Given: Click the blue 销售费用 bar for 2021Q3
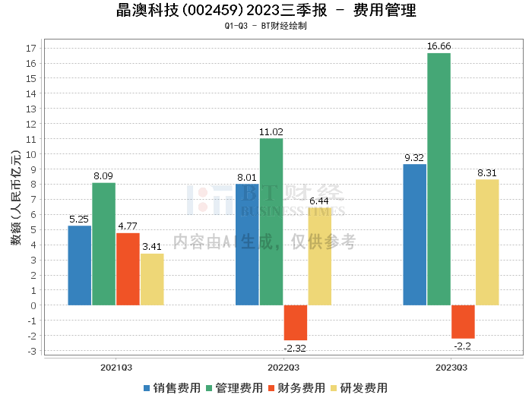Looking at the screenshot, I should [x=80, y=265].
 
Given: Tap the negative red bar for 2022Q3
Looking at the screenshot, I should [x=296, y=323].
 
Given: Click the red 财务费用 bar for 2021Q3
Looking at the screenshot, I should [x=128, y=269].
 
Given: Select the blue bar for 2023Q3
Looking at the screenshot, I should [x=414, y=235].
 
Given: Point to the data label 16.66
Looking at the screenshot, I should [x=439, y=46].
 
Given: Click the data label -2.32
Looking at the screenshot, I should [x=296, y=348].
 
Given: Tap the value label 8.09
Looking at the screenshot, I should [x=104, y=176].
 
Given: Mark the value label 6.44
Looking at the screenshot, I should [x=320, y=201].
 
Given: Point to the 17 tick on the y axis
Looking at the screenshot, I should [x=31, y=48].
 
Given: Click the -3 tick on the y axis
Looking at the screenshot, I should [x=31, y=351].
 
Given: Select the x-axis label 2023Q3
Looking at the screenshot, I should [x=451, y=367].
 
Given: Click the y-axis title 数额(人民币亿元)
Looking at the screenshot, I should [x=15, y=199].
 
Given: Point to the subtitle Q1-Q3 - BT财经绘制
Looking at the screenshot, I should [x=265, y=26].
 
